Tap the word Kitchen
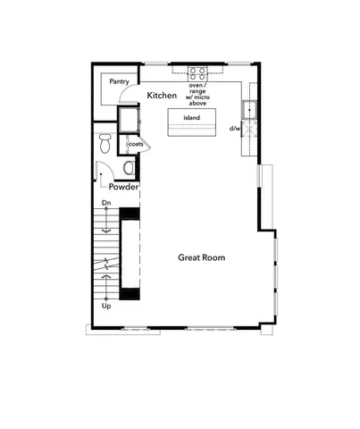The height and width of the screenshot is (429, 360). pos(162,95)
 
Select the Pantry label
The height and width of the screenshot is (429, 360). pos(120,80)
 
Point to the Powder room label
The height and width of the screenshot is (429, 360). pos(123,187)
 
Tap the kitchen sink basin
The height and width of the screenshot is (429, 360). pos(249,110)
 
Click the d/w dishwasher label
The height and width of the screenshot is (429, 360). pos(235,129)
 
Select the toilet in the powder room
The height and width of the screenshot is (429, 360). pos(105,141)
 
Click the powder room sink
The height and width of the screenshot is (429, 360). pos(130,167)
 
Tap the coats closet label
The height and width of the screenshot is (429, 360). pos(136,143)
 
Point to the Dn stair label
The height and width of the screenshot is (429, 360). pos(105,204)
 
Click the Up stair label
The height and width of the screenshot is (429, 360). pos(107,307)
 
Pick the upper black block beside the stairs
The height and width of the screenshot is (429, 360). pos(130,213)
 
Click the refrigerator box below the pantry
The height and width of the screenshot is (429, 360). pos(129,119)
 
